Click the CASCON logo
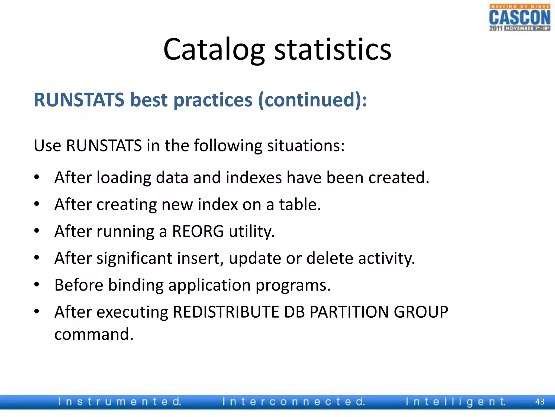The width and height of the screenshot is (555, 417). (x=519, y=18)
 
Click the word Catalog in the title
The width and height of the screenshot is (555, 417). (x=214, y=50)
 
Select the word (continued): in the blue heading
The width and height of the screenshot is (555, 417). (x=312, y=100)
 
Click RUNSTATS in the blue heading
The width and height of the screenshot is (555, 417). (x=79, y=100)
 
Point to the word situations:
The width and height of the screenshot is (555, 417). (x=306, y=146)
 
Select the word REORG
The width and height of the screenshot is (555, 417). (x=198, y=231)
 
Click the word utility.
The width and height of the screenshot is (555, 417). (x=252, y=231)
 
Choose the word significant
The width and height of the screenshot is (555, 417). (x=134, y=258)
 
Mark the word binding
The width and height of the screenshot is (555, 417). (x=136, y=285)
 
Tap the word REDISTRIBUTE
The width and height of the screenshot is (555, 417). (x=226, y=312)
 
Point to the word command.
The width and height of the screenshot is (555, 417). (x=94, y=334)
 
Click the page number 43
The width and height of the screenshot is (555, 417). (x=540, y=402)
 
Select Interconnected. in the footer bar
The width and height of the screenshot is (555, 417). (x=294, y=402)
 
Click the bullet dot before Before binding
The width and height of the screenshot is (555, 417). (x=37, y=285)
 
